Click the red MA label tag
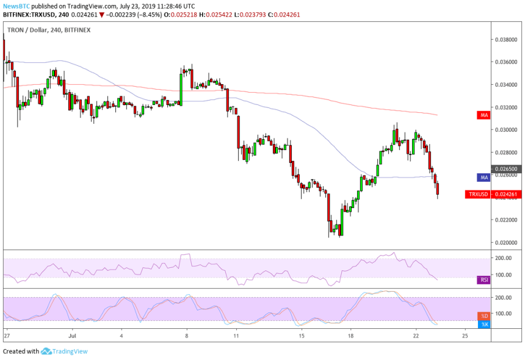click(483, 115)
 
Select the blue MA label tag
click(483, 177)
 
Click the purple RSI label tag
click(483, 280)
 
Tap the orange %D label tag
click(483, 316)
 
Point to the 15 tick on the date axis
click(301, 336)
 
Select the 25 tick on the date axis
click(465, 336)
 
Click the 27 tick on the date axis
click(6, 336)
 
